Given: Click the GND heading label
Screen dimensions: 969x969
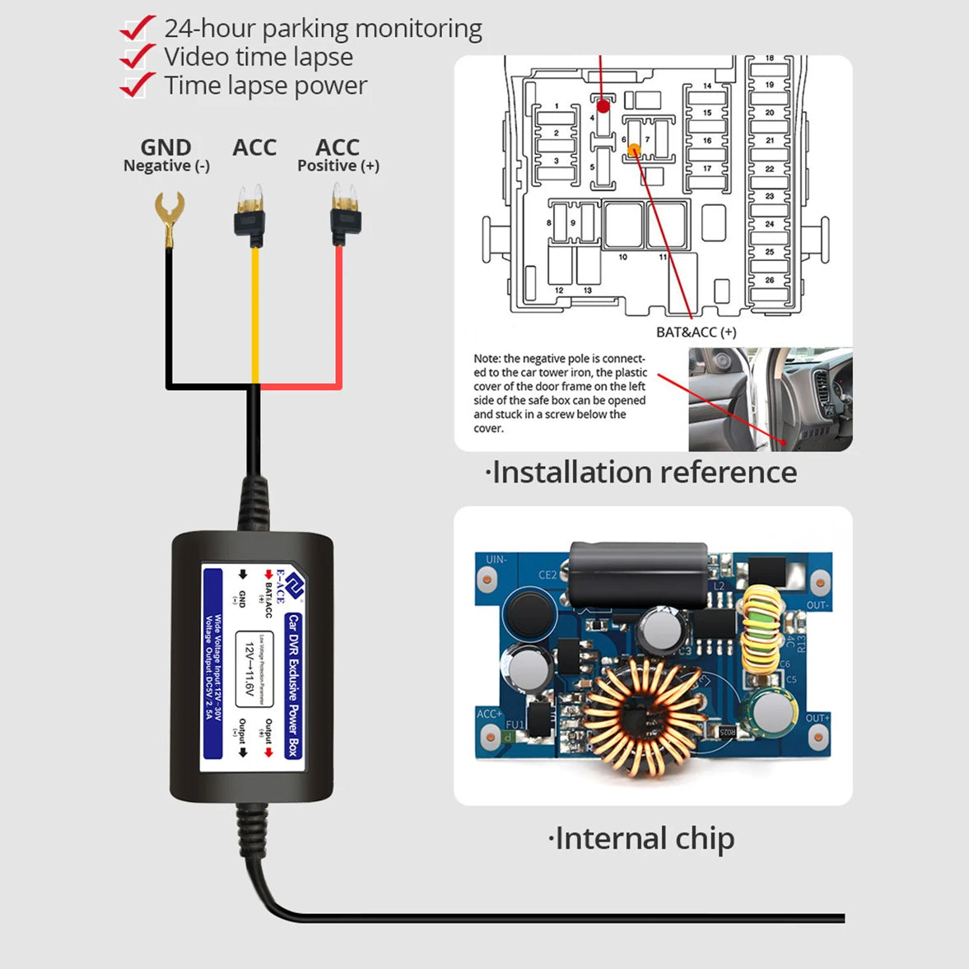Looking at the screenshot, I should click(165, 147).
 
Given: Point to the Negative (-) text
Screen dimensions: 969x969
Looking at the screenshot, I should click(166, 166).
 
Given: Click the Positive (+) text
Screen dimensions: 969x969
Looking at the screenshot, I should click(338, 166).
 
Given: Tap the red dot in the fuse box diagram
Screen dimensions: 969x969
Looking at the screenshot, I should click(603, 106).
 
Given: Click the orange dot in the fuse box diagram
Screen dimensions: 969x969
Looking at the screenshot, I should click(634, 150).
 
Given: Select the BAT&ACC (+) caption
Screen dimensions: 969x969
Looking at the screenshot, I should click(696, 333).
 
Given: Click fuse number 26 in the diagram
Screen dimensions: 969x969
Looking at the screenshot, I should click(770, 281).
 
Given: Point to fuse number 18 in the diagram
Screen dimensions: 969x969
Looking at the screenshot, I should click(770, 59).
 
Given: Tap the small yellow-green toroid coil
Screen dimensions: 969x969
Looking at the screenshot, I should click(761, 631).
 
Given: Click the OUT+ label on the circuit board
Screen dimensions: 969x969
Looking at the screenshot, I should click(817, 719).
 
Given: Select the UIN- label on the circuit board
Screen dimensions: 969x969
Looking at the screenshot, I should click(496, 560).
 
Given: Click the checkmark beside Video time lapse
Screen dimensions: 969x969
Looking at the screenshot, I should click(137, 57).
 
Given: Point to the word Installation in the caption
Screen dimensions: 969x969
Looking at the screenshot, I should click(567, 473).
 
